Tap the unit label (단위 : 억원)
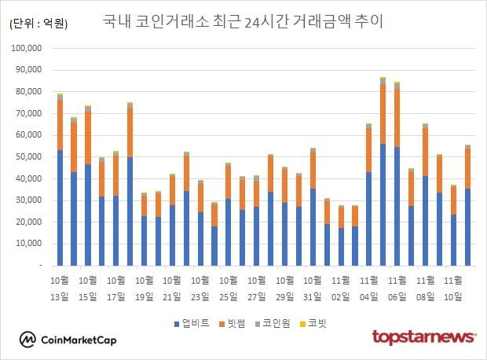[39, 24]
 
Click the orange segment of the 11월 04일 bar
[368, 150]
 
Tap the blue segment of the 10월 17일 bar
[129, 212]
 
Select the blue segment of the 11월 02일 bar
[340, 247]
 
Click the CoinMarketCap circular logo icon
[28, 340]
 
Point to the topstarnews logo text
[423, 338]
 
